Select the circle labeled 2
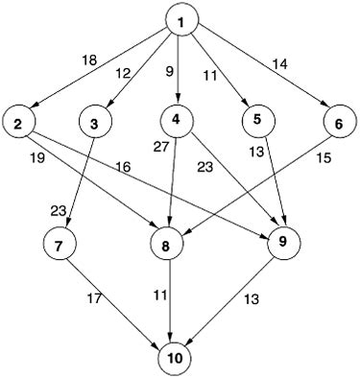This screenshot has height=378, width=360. pos(18,122)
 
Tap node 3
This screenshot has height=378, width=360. pos(93,124)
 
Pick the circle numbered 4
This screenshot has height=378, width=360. pos(178,120)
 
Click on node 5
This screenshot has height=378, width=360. pos(257,120)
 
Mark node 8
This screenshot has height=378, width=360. pos(167,245)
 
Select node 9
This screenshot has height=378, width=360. pos(282,241)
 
